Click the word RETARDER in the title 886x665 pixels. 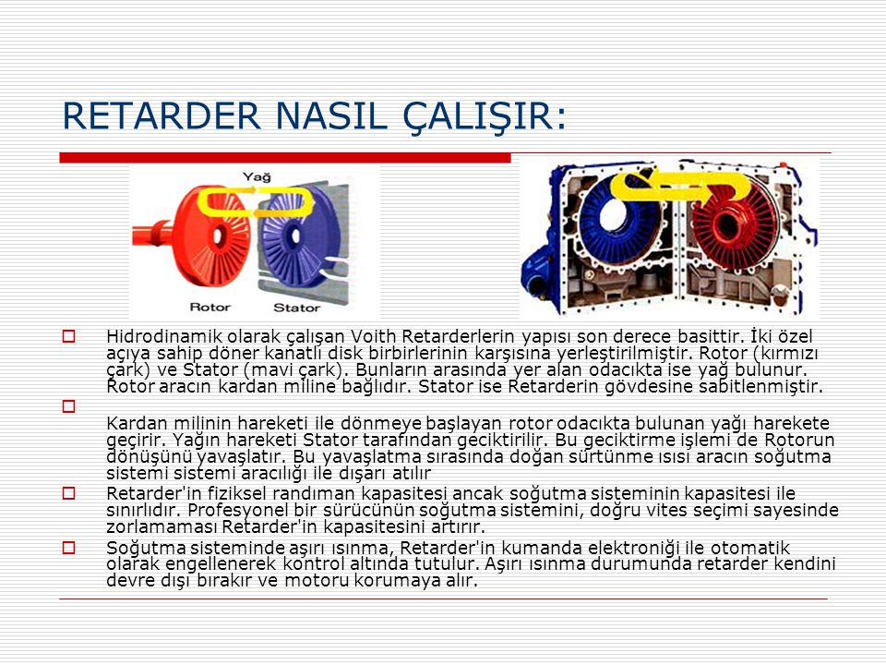coord(162,116)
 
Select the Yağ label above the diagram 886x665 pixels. coord(257,176)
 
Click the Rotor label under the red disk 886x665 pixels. coord(210,307)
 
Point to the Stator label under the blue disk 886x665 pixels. coord(296,308)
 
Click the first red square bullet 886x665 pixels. coord(69,336)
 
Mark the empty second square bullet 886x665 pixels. coord(69,406)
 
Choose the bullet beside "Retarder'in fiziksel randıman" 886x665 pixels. coord(69,493)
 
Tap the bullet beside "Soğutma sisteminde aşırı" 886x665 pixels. coord(69,548)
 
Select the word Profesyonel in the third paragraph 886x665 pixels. coord(237,511)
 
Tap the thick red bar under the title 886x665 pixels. coord(285,158)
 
